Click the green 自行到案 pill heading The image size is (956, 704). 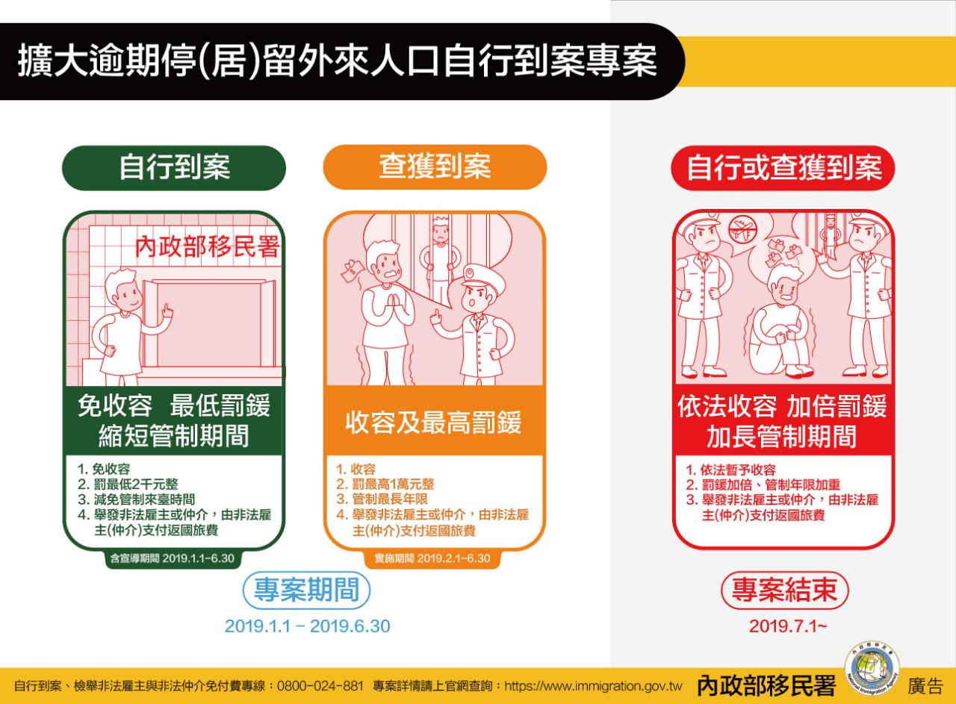coord(174,168)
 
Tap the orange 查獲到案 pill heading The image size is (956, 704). coord(435,166)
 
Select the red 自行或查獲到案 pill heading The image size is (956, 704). coord(783,168)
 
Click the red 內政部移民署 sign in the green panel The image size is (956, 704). coord(208,247)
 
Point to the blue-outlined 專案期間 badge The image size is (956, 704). coord(306,590)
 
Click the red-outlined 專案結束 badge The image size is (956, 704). coord(785,590)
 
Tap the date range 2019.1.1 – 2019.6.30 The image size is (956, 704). coord(307,626)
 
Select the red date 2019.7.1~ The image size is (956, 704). coord(788,626)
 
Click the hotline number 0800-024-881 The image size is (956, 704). coord(320,687)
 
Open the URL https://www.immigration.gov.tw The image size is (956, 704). coord(593,687)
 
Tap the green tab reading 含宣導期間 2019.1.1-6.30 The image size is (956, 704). coord(173,558)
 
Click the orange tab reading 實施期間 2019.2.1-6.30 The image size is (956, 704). coord(432,558)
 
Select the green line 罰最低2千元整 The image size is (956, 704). coord(128,485)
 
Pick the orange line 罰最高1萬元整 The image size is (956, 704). coord(385,485)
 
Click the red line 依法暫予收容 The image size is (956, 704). coord(730,470)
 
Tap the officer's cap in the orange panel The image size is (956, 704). coord(483,276)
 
